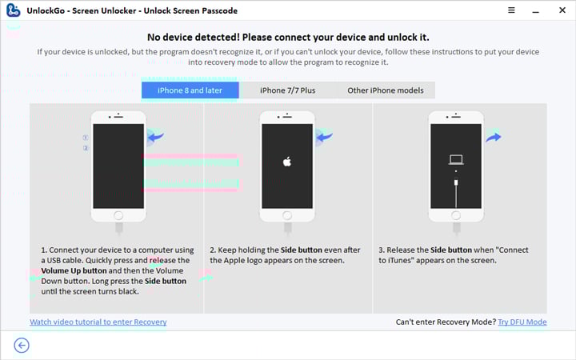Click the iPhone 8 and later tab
(x=190, y=90)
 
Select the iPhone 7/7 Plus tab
(x=287, y=90)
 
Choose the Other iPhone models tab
(x=385, y=90)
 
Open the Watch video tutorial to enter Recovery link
(x=98, y=322)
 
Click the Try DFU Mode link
(x=522, y=322)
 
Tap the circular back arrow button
(x=22, y=345)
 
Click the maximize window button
(x=535, y=11)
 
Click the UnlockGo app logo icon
(x=13, y=11)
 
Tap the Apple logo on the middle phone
(x=287, y=162)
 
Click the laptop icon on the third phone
(x=456, y=159)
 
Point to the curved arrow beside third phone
(x=493, y=138)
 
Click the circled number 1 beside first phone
(x=86, y=138)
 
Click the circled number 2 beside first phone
(x=86, y=148)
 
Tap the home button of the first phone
(x=118, y=214)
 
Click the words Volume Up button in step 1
(x=71, y=270)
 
